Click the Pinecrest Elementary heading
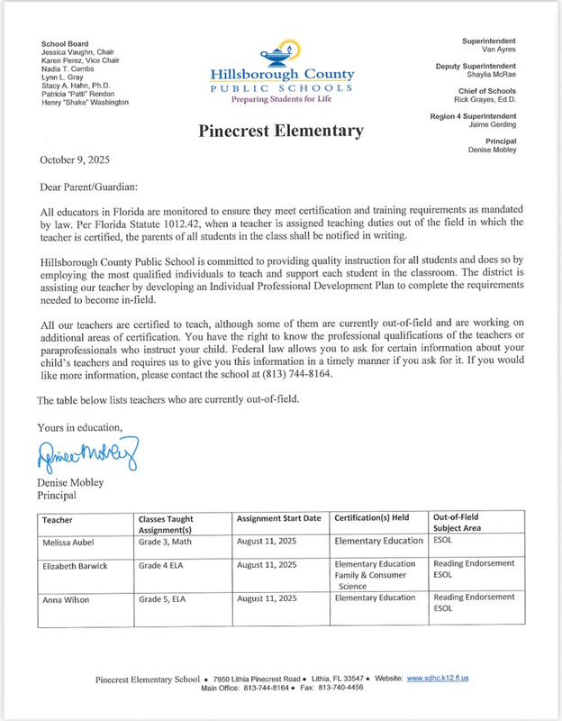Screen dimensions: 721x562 coord(280,132)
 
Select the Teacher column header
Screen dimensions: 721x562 coord(57,520)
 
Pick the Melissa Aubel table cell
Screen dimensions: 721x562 coord(70,541)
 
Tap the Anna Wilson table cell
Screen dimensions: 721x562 coord(66,598)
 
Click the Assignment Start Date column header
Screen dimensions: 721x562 coord(278,520)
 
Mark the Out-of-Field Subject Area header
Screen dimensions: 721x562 coord(467,524)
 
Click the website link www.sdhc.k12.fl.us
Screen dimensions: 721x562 coord(438,678)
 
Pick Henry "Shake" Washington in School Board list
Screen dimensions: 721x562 coord(85,103)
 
